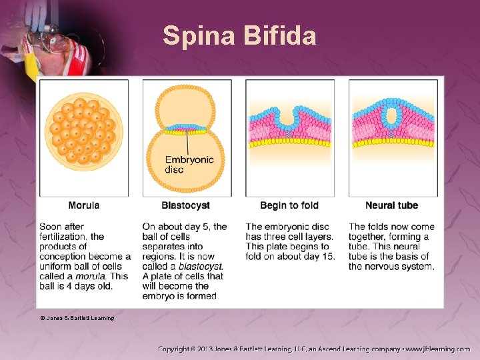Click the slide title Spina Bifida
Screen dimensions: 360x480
tap(239, 35)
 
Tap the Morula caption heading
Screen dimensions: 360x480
tap(84, 205)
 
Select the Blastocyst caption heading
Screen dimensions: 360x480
tap(185, 205)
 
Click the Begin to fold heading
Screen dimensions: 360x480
tap(289, 205)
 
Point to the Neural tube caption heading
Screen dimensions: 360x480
tap(392, 205)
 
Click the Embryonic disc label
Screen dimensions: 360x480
tap(189, 164)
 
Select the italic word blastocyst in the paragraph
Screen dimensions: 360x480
tap(201, 266)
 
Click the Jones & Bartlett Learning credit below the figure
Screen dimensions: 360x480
tap(77, 318)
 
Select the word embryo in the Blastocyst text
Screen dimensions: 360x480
tap(157, 296)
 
